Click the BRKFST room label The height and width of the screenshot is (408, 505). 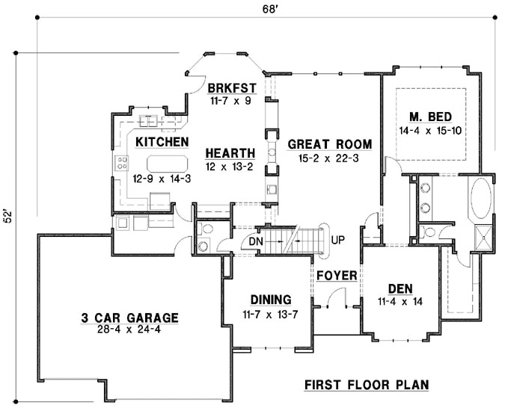(233, 87)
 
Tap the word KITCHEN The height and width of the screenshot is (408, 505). (161, 140)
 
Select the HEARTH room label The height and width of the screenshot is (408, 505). (230, 153)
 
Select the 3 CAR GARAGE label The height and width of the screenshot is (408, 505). (130, 318)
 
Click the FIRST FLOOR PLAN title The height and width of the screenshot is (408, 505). (366, 385)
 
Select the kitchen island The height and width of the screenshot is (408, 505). (167, 164)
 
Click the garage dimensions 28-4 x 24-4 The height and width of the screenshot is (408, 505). (130, 330)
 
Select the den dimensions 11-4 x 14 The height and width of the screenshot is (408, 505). (402, 301)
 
